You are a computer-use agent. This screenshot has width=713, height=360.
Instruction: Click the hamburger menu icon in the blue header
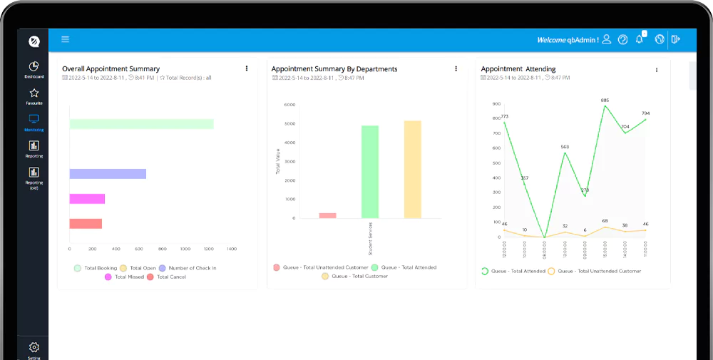(x=65, y=40)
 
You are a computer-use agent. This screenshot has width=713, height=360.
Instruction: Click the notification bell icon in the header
(x=640, y=40)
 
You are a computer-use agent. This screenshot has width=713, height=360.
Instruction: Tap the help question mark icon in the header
(x=623, y=40)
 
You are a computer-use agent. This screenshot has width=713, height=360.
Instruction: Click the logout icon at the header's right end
(x=675, y=40)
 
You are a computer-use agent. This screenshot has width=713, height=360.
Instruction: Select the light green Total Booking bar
(x=141, y=124)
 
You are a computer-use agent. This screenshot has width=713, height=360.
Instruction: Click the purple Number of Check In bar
(x=108, y=174)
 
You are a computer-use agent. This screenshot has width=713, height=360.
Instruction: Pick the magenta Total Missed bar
(x=87, y=199)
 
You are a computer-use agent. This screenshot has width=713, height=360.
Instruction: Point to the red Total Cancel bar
(x=86, y=224)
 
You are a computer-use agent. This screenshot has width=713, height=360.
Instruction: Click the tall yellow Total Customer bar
(x=413, y=170)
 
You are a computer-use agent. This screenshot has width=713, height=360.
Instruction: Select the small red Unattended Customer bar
(x=327, y=215)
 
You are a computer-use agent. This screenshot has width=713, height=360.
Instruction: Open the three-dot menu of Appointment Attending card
(x=657, y=70)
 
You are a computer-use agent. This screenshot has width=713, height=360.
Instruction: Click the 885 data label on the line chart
(x=605, y=101)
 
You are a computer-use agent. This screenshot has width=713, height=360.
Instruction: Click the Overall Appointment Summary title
(x=111, y=69)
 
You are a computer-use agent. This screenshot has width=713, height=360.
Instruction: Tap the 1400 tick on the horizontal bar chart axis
(x=231, y=250)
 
